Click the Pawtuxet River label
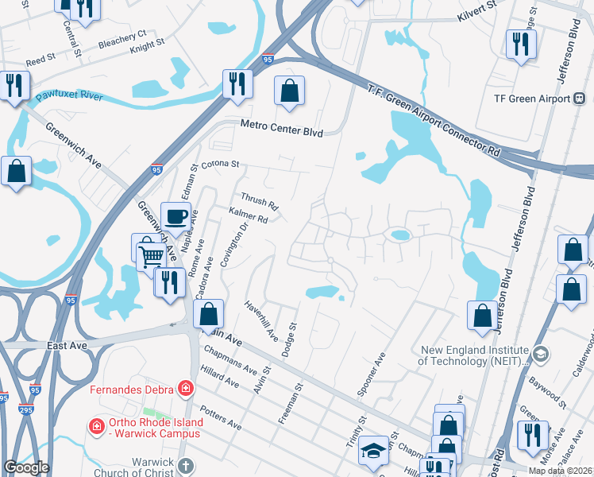click(x=69, y=96)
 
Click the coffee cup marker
click(x=175, y=215)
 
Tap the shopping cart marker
click(x=152, y=254)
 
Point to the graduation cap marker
click(x=373, y=451)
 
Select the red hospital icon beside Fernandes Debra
click(x=186, y=389)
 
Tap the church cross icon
click(x=184, y=467)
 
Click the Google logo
click(x=27, y=467)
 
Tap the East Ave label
click(x=66, y=346)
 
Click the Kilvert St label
click(x=476, y=11)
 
